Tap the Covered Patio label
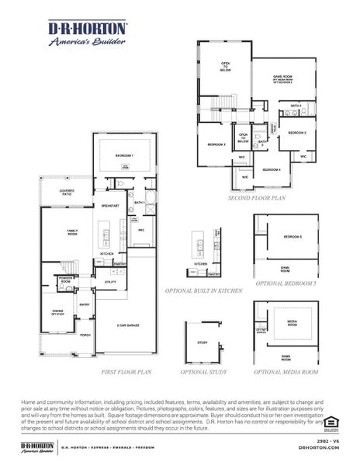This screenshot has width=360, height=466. coord(57,193)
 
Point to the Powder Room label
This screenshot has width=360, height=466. coord(65,280)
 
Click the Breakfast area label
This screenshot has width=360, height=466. coord(109,206)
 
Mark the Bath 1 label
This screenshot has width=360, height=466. coord(139,203)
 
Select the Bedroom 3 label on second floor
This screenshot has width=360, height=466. coord(297,133)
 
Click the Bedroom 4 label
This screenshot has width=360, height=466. coord(271,169)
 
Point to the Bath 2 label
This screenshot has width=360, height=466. coord(295,106)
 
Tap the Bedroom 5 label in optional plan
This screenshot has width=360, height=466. coord(292,236)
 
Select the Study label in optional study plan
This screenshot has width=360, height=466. coord(202,342)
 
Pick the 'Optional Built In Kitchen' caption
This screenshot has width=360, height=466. coord(202,290)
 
